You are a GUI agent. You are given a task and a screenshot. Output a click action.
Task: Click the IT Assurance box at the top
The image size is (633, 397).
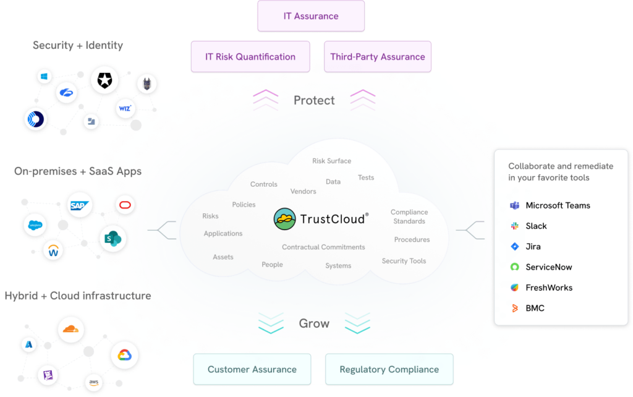coord(311,16)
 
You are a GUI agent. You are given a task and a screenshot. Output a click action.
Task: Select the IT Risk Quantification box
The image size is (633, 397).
coord(250,57)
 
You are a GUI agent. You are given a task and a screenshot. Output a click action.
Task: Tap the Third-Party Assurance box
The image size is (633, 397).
coord(377,57)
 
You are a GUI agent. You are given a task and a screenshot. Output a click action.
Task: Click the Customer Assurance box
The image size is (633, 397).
coord(252,370)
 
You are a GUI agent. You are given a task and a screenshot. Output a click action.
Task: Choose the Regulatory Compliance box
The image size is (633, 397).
coord(389,370)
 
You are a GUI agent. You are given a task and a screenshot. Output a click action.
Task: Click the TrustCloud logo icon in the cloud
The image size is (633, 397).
coord(285,218)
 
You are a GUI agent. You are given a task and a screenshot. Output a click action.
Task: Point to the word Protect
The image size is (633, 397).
coord(314,100)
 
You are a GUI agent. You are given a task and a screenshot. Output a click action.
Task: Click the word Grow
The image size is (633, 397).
coord(314,323)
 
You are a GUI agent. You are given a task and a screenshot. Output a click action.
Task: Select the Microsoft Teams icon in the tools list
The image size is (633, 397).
coord(514,205)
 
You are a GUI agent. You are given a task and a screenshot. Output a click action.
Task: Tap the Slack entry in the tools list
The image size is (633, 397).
coord(535,226)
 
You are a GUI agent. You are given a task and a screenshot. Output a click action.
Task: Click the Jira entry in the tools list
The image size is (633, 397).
coord(532,246)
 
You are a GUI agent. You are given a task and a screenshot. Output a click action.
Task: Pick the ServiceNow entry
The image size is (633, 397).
coord(548,267)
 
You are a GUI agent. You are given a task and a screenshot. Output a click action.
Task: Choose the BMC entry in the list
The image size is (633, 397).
coord(534,308)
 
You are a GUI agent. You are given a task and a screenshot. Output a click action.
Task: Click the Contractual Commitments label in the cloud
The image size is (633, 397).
coord(323,247)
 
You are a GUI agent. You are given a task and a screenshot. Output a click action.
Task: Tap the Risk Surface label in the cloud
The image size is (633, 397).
coord(331,161)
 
